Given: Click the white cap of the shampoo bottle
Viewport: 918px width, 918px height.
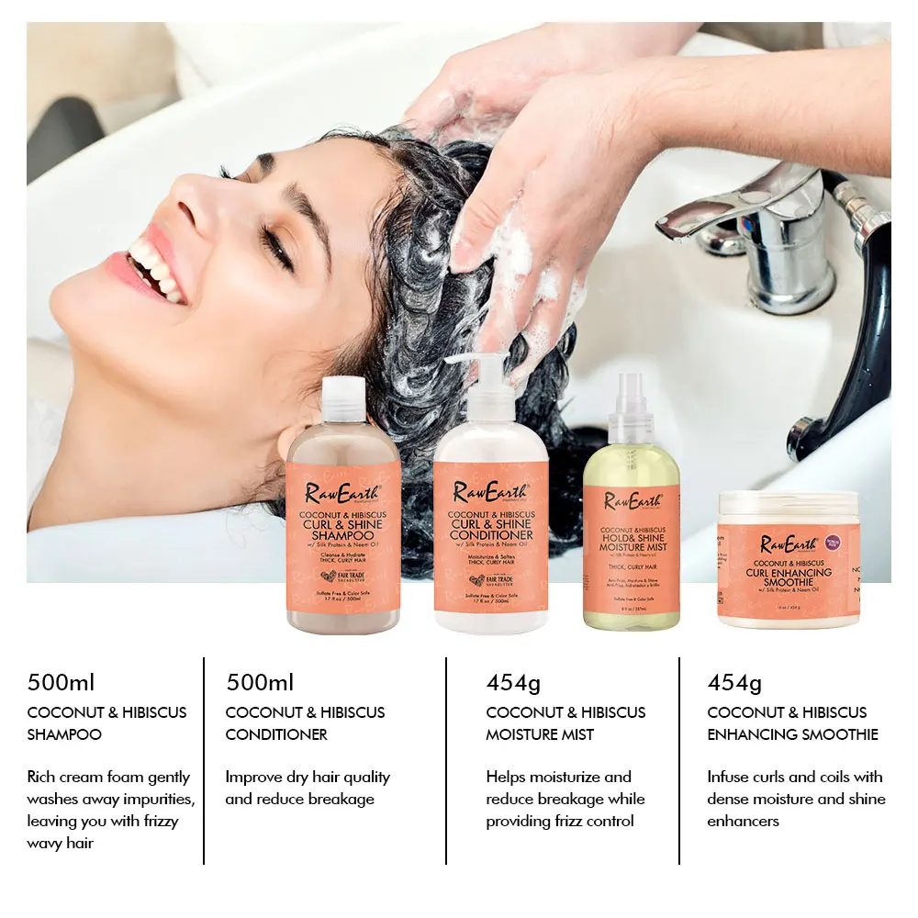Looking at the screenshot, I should pyautogui.click(x=343, y=399).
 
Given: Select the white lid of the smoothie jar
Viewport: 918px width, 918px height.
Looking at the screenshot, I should pyautogui.click(x=789, y=504).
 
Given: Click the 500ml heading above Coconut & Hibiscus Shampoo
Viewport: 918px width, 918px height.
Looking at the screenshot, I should pyautogui.click(x=62, y=683).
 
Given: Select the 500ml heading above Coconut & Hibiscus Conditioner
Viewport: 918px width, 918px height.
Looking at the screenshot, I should pyautogui.click(x=260, y=683).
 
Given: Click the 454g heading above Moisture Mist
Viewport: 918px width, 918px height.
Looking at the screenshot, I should pyautogui.click(x=513, y=683).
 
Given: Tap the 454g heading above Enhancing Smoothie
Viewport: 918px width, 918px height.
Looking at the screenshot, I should pyautogui.click(x=734, y=683).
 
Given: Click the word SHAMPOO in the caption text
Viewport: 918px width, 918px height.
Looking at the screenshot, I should pyautogui.click(x=64, y=734).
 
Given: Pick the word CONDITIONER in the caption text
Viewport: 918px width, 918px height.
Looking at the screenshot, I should pyautogui.click(x=276, y=734).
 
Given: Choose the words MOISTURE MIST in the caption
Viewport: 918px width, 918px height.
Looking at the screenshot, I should pyautogui.click(x=540, y=734).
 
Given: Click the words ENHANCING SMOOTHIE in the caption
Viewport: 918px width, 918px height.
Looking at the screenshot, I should pyautogui.click(x=792, y=734).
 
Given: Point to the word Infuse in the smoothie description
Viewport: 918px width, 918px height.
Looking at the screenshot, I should pyautogui.click(x=727, y=777).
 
